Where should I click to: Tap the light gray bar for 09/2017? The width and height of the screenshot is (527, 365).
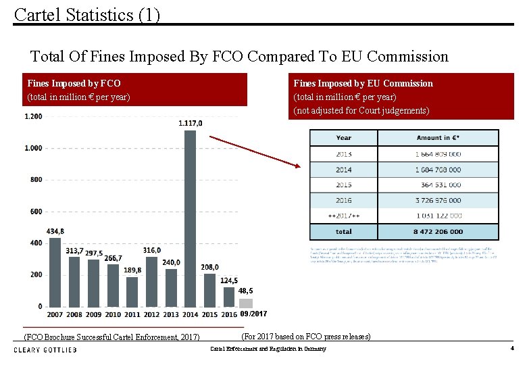(x=246, y=303)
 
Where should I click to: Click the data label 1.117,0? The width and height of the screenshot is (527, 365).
(x=190, y=123)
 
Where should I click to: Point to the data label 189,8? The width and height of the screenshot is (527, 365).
(x=133, y=270)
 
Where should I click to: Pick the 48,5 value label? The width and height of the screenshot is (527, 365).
(x=246, y=291)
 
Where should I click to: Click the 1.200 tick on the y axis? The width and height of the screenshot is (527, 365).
(x=33, y=116)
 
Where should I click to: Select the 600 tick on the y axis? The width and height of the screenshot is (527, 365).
(x=35, y=212)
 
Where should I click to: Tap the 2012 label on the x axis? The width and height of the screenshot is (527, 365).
(x=151, y=314)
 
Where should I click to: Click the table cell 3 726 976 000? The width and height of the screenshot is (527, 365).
(x=438, y=200)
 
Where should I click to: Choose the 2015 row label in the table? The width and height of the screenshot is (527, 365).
(x=344, y=185)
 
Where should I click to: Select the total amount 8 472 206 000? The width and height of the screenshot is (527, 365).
(x=438, y=231)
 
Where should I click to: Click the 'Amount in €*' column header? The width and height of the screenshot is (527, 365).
(x=438, y=138)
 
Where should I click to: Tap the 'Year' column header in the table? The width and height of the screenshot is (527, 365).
(x=344, y=138)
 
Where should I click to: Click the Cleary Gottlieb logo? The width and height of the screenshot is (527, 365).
(x=45, y=349)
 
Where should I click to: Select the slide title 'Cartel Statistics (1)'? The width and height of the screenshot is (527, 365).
(x=87, y=14)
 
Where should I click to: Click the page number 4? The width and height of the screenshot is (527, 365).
(x=512, y=349)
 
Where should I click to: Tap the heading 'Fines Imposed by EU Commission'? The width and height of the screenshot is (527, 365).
(x=363, y=83)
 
